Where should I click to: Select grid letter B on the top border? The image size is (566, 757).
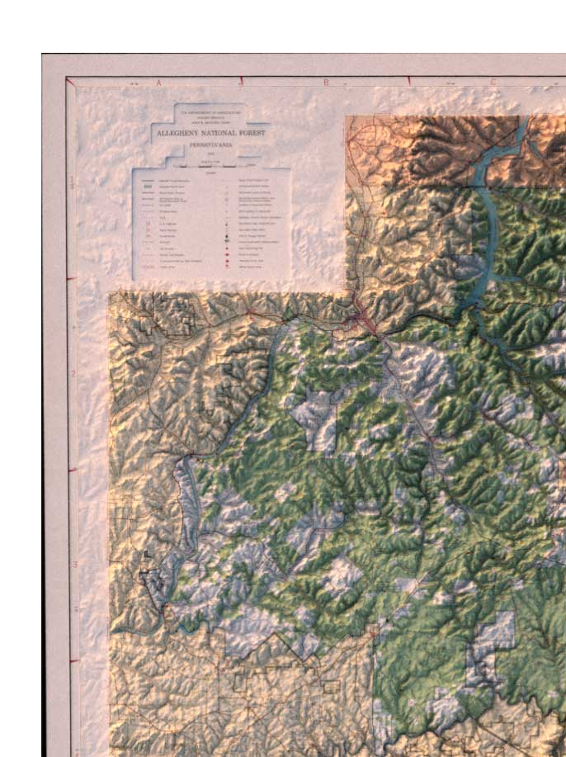point(326,82)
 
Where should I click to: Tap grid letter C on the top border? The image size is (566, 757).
point(493,82)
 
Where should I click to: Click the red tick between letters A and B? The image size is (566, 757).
point(241,81)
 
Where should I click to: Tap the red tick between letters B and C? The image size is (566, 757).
point(409,81)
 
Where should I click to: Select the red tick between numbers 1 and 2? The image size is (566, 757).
point(72,278)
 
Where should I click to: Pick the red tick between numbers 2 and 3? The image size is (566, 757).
point(72,470)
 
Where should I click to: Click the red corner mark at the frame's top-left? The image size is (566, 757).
point(70,81)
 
